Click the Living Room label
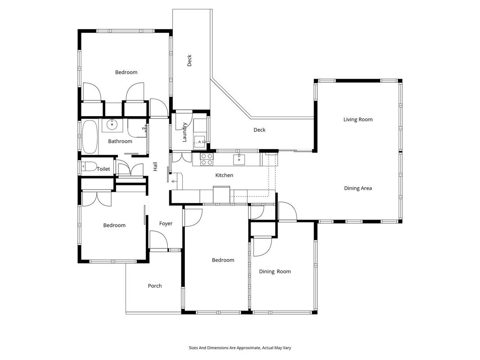tap(358, 119)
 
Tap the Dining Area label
tap(358, 188)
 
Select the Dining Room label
tap(275, 271)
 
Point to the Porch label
tap(155, 286)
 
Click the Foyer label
tap(166, 224)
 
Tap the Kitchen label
tap(224, 175)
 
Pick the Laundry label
tap(184, 132)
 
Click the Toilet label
tap(103, 169)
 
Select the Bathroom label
tap(120, 141)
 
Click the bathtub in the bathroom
tap(90, 137)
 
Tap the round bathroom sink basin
tap(112, 124)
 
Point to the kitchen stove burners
tap(206, 159)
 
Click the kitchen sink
tap(239, 159)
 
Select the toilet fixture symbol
tap(88, 166)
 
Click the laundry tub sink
tap(200, 141)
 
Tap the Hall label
tap(155, 166)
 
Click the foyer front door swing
tap(158, 239)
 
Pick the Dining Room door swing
tap(263, 247)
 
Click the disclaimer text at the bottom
tap(240, 348)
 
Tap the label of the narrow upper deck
tap(189, 60)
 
